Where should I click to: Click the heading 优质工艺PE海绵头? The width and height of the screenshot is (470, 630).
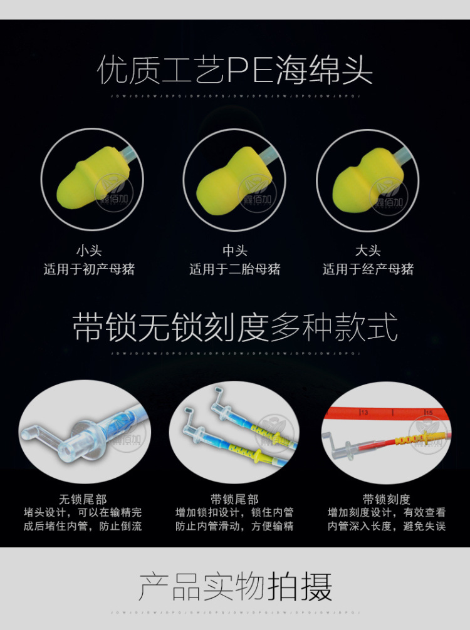pyautogui.click(x=235, y=71)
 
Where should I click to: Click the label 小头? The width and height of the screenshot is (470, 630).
pyautogui.click(x=89, y=251)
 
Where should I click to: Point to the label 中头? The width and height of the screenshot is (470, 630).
pyautogui.click(x=235, y=251)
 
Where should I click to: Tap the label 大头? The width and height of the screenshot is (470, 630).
pyautogui.click(x=368, y=251)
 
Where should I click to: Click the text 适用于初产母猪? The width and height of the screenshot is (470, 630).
pyautogui.click(x=89, y=269)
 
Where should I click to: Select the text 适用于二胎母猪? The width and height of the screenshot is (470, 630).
pyautogui.click(x=235, y=269)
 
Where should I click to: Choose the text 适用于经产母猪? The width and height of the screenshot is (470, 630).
pyautogui.click(x=368, y=269)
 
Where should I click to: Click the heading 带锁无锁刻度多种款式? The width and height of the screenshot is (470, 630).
pyautogui.click(x=235, y=328)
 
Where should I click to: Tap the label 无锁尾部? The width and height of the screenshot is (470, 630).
pyautogui.click(x=83, y=499)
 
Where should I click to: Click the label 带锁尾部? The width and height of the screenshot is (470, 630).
pyautogui.click(x=234, y=499)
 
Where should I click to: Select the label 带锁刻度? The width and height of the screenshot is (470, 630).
pyautogui.click(x=387, y=499)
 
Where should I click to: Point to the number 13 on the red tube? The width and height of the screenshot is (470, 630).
pyautogui.click(x=363, y=412)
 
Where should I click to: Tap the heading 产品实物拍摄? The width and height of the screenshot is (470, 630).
pyautogui.click(x=235, y=587)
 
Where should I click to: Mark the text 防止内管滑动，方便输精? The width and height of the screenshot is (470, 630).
pyautogui.click(x=234, y=526)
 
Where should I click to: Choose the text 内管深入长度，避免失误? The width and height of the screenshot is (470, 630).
pyautogui.click(x=387, y=526)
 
